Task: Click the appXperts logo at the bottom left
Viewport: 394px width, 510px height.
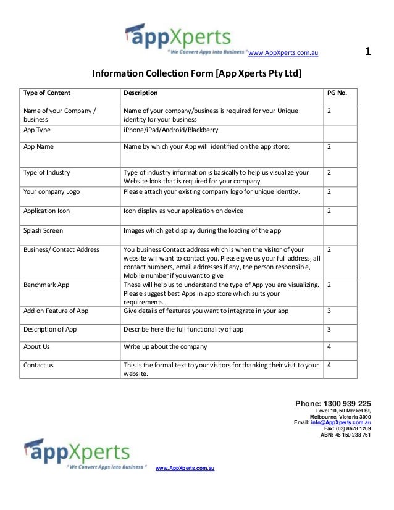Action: click(78, 454)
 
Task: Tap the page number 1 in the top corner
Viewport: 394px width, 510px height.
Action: click(368, 51)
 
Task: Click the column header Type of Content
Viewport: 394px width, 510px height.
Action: click(47, 93)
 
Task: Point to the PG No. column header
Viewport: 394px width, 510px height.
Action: click(337, 93)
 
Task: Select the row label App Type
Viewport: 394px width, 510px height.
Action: click(37, 130)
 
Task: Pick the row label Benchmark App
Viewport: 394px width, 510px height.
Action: click(46, 285)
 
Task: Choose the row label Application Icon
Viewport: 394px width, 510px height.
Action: click(47, 211)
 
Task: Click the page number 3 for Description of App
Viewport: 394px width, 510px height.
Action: click(329, 329)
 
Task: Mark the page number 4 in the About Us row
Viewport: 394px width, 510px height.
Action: click(329, 346)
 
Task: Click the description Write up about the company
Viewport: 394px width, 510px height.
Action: click(165, 346)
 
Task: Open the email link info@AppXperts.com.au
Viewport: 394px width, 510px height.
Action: click(341, 422)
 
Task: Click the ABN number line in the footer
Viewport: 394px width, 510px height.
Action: click(346, 435)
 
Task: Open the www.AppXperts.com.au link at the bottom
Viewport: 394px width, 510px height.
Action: click(185, 470)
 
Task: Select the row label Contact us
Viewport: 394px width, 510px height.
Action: click(39, 365)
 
